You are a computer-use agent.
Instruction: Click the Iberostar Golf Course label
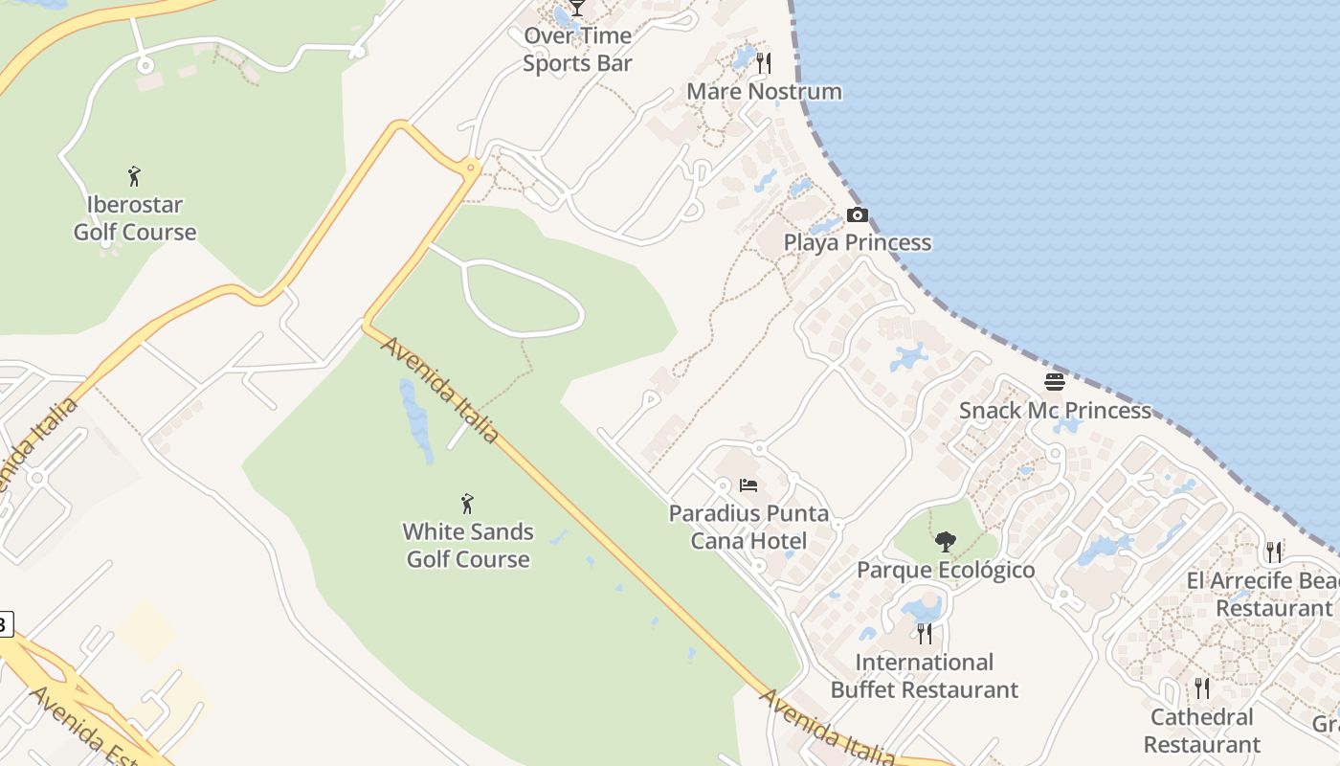pos(135,218)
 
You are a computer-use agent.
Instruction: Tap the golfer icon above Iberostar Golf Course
pos(134,176)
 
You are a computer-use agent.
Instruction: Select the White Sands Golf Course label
pos(468,545)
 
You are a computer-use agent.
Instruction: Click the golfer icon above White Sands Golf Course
pos(467,504)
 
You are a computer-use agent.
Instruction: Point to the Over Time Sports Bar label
pos(578,50)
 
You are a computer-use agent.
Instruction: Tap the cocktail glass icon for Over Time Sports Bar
pos(577,8)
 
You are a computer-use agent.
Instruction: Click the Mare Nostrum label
pos(765,92)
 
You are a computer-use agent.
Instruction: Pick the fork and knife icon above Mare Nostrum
pos(764,63)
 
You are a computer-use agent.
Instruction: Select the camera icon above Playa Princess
pos(858,214)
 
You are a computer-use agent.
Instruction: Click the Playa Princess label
pos(858,242)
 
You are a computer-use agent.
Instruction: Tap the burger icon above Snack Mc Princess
pos(1055,382)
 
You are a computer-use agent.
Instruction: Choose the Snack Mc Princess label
pos(1055,410)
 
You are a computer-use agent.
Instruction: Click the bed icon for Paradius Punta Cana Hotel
pos(748,485)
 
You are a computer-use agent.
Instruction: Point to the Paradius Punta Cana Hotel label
pos(748,527)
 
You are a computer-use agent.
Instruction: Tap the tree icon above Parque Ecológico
pos(946,542)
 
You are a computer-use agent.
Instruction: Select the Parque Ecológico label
pos(946,570)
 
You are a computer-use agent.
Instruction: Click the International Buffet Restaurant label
pos(925,675)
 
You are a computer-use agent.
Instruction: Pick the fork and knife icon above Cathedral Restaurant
pos(1202,688)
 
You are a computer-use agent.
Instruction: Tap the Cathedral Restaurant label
pos(1202,731)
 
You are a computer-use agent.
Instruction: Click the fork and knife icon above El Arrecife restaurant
pos(1274,552)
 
